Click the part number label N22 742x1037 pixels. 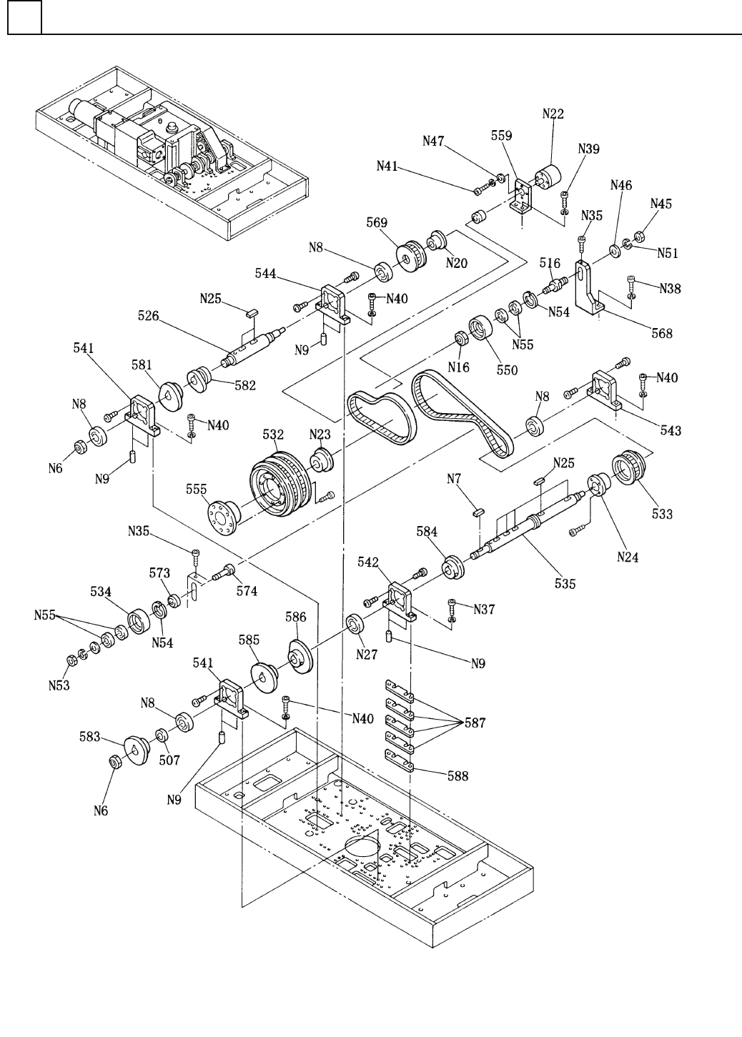pyautogui.click(x=553, y=114)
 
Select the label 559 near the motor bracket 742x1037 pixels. pyautogui.click(x=502, y=136)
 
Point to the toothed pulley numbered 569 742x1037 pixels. pyautogui.click(x=411, y=256)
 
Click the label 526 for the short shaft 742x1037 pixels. pyautogui.click(x=148, y=316)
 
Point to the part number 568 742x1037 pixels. pyautogui.click(x=662, y=333)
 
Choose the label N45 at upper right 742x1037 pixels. pyautogui.click(x=661, y=204)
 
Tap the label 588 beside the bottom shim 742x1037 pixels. pyautogui.click(x=458, y=776)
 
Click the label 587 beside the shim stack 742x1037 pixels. pyautogui.click(x=475, y=723)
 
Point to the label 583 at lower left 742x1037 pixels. pyautogui.click(x=90, y=737)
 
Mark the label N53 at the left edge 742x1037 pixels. pyautogui.click(x=59, y=685)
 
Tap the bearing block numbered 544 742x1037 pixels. pyautogui.click(x=333, y=303)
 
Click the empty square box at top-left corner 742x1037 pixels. pyautogui.click(x=24, y=17)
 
